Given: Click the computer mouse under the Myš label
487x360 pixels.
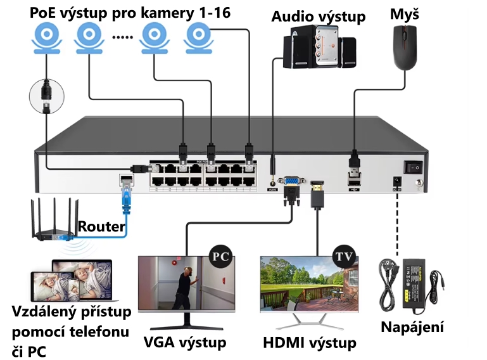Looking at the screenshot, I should (x=405, y=51).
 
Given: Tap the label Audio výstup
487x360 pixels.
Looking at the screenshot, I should (x=319, y=16).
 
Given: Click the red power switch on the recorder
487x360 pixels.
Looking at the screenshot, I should (x=415, y=166).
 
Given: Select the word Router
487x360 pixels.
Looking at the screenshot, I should (x=101, y=226).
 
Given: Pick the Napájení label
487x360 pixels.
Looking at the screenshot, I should (x=412, y=327).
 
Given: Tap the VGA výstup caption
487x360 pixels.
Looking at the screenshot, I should (x=185, y=343).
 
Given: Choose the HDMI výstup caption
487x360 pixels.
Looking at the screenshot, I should (x=309, y=343).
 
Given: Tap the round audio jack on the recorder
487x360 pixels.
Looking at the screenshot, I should (x=273, y=181).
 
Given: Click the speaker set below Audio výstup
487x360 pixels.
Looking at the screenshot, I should (x=319, y=48).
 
